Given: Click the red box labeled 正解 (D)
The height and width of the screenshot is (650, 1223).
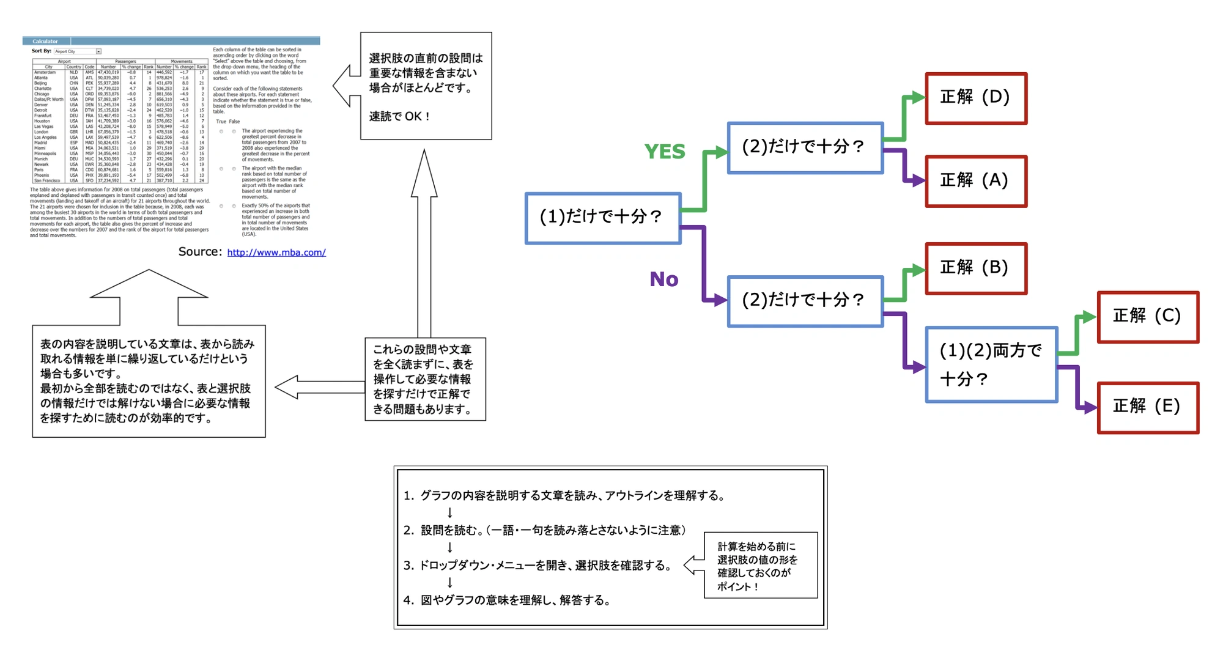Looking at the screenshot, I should [976, 98].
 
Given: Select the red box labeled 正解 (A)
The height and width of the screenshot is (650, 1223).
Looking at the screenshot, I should [976, 181].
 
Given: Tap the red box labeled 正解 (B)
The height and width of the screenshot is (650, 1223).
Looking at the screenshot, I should [976, 268].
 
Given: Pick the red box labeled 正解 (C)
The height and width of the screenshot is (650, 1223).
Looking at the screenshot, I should [1148, 317].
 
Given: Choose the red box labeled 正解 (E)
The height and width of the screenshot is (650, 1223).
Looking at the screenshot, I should [1148, 407].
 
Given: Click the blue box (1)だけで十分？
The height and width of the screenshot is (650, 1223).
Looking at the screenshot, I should [603, 218].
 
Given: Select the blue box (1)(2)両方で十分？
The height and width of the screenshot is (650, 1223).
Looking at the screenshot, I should [991, 364].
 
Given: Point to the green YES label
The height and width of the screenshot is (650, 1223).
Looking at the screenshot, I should [665, 152].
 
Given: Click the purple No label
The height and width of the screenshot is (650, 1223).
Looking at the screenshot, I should [664, 279].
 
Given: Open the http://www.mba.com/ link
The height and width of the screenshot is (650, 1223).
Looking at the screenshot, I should [276, 253].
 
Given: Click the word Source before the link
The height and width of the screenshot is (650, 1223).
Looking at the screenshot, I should [199, 252].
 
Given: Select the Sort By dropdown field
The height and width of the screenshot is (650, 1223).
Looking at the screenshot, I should [78, 51].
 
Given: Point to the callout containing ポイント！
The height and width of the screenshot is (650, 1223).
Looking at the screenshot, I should [760, 566].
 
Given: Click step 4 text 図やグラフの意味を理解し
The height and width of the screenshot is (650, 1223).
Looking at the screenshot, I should [515, 600].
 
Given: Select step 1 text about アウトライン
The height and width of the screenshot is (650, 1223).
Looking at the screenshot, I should [572, 496].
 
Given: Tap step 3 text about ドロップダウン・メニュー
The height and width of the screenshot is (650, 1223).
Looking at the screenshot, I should [544, 566].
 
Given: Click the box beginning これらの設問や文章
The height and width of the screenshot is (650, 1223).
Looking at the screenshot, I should [425, 379].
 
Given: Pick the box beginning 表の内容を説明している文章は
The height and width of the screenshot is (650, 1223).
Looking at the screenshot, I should [149, 381].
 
